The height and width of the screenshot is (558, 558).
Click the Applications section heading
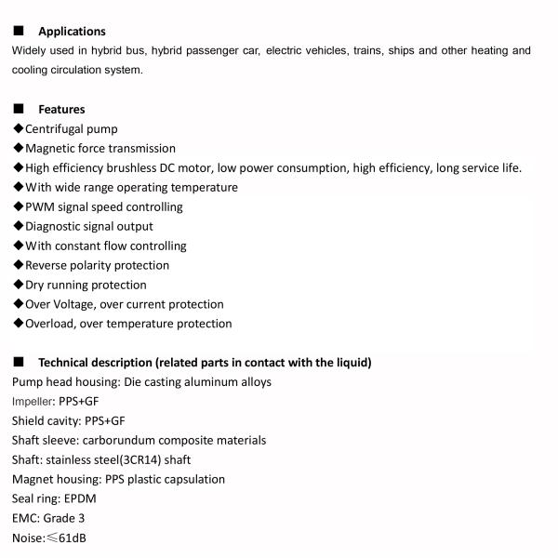pos(72,32)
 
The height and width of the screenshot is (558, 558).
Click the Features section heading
pos(61,110)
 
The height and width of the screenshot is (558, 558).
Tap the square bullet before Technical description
pos(18,362)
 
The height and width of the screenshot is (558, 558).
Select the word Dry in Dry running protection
pos(35,286)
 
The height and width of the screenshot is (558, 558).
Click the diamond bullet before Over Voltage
pos(18,304)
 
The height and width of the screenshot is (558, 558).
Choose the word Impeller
pos(33,402)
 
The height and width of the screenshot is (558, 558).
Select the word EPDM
pos(80,499)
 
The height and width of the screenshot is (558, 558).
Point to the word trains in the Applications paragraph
pos(367,51)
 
